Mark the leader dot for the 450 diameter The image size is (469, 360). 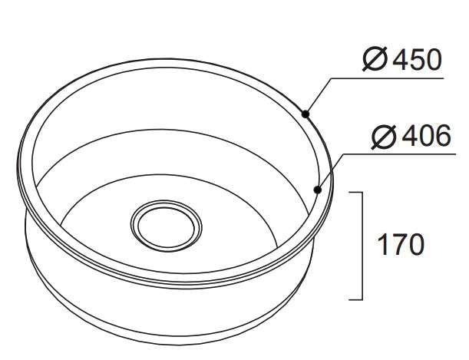tap(305, 114)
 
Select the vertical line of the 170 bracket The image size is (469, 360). tap(362, 246)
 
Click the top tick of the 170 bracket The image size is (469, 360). tap(357, 193)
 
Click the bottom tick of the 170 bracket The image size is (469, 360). tap(357, 299)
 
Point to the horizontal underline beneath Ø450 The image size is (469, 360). tap(384, 77)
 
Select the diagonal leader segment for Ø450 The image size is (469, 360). tap(317, 95)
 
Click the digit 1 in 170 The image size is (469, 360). tap(381, 245)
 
